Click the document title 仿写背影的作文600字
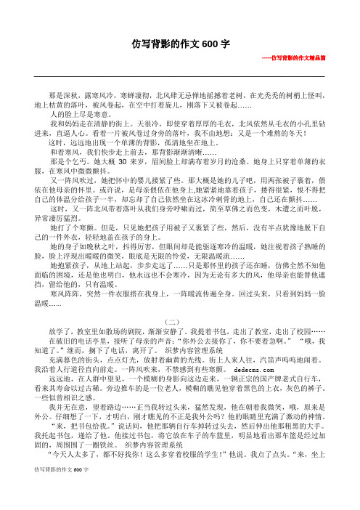click(x=180, y=44)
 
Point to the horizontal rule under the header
click(x=180, y=76)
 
